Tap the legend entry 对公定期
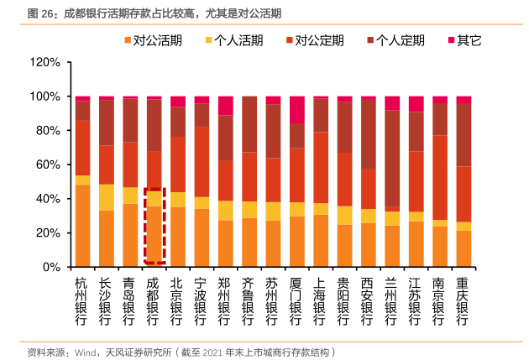click(319, 40)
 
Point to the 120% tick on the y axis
click(44, 63)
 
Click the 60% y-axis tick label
click(47, 165)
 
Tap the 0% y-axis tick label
click(50, 267)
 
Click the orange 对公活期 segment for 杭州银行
click(82, 226)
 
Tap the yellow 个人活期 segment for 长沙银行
click(106, 197)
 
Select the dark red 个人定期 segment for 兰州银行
click(391, 159)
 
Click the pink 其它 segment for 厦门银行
click(296, 110)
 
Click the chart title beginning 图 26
click(155, 13)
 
